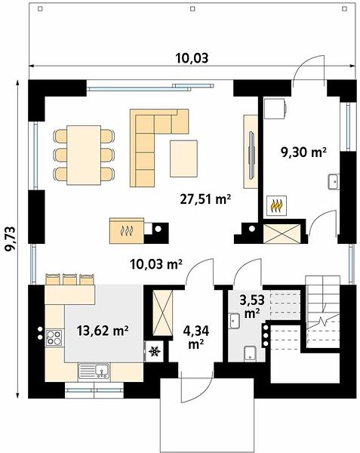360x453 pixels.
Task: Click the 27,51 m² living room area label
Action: (x=205, y=199)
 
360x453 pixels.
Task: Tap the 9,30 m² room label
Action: (x=303, y=153)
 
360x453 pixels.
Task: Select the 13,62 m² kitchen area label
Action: (x=103, y=331)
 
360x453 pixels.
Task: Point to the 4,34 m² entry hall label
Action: (x=196, y=337)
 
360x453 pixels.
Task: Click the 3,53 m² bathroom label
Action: (x=252, y=306)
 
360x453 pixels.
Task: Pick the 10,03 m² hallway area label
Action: (x=156, y=264)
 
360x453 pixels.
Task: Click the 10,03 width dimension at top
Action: (x=192, y=58)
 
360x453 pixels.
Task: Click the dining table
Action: (x=84, y=155)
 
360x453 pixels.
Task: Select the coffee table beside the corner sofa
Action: (x=183, y=159)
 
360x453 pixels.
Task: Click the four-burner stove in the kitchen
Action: (x=54, y=337)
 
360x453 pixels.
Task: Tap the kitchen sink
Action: (x=94, y=371)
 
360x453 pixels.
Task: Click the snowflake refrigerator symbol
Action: (x=155, y=351)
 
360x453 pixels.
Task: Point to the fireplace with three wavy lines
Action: (x=127, y=230)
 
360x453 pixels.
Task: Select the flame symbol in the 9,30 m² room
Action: (x=276, y=205)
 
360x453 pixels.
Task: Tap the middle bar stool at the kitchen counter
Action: (x=70, y=279)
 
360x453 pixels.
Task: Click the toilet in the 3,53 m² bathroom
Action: (x=250, y=353)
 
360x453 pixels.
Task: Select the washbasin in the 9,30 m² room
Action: (x=334, y=182)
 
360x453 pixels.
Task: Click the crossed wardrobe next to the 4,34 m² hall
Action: (x=162, y=313)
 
